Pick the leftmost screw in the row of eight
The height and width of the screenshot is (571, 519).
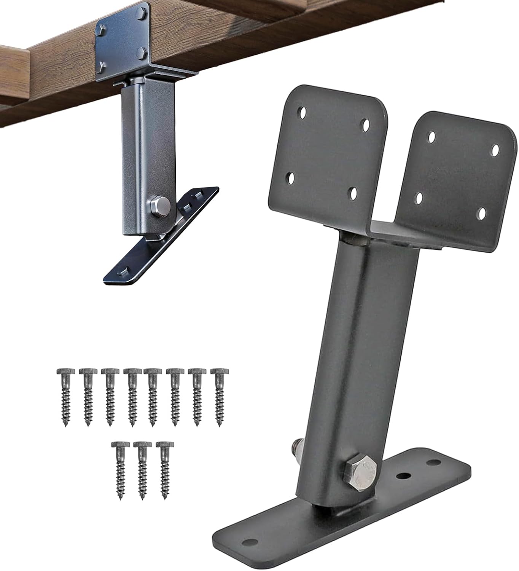tap(62, 396)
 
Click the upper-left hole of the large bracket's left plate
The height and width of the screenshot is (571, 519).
tap(302, 112)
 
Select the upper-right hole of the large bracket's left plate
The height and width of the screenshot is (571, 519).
tap(366, 124)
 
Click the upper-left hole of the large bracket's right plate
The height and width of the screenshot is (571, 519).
tap(431, 136)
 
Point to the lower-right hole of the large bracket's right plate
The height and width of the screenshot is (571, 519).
tap(482, 213)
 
